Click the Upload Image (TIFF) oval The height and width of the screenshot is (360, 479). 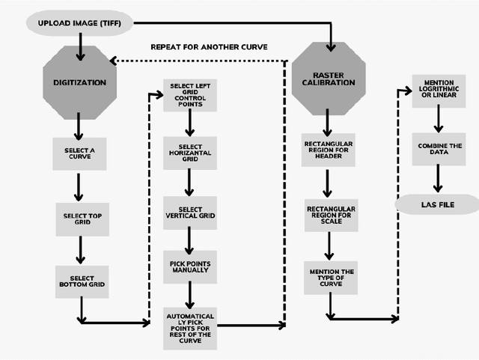80,22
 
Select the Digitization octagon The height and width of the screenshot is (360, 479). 80,82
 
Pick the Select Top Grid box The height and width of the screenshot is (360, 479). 82,219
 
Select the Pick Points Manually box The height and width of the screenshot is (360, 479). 189,267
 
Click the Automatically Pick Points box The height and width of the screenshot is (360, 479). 189,327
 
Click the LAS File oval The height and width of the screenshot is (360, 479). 438,204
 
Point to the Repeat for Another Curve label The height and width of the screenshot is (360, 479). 209,46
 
